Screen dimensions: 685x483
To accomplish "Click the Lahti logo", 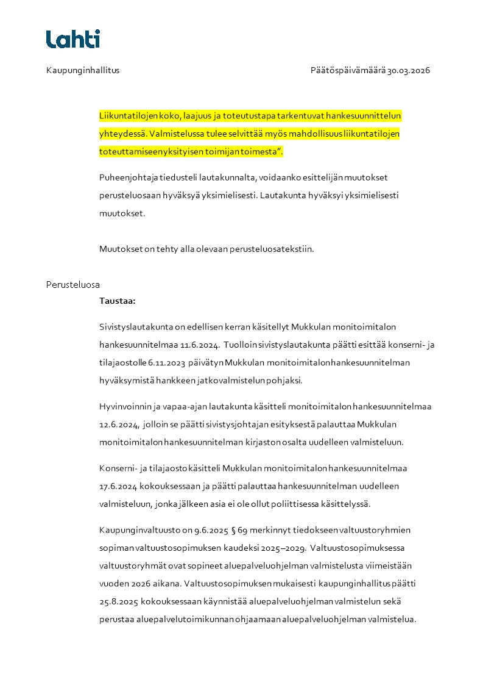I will pyautogui.click(x=73, y=39).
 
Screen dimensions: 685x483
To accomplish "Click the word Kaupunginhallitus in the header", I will pyautogui.click(x=83, y=70).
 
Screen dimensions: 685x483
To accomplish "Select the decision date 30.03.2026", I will pyautogui.click(x=409, y=70).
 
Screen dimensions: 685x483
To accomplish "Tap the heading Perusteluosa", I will pyautogui.click(x=73, y=284).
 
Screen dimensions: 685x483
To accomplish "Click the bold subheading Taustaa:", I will pyautogui.click(x=118, y=301).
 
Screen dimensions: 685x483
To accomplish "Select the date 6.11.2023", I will pyautogui.click(x=166, y=362).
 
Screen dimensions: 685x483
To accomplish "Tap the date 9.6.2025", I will pyautogui.click(x=195, y=529).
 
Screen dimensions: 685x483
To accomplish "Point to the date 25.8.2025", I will pyautogui.click(x=119, y=601).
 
